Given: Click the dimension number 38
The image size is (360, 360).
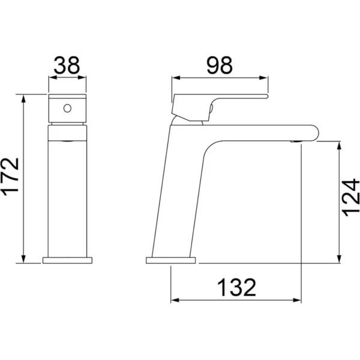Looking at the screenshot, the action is [67, 65].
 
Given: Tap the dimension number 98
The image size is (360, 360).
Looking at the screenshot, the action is [220, 65].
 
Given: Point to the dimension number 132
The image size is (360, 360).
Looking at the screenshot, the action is [236, 287].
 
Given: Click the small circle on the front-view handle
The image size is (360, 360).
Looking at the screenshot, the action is [67, 108].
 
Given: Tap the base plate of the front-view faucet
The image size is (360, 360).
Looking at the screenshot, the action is [67, 260].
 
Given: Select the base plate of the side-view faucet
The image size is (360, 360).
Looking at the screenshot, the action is [171, 260].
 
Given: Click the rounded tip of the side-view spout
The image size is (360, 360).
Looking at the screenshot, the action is [316, 133].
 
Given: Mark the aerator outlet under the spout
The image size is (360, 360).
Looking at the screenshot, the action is [296, 142].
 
